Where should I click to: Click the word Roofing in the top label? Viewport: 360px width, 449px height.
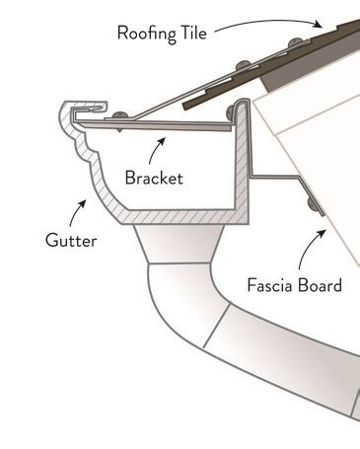coord(146,32)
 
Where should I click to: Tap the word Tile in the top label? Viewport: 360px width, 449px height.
coord(194,32)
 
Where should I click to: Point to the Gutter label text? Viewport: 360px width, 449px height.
coord(70,239)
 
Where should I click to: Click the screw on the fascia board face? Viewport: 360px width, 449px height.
coord(313,204)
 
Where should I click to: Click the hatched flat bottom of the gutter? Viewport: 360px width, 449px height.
coord(178,214)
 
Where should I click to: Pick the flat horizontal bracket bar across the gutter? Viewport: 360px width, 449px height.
coord(168,121)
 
